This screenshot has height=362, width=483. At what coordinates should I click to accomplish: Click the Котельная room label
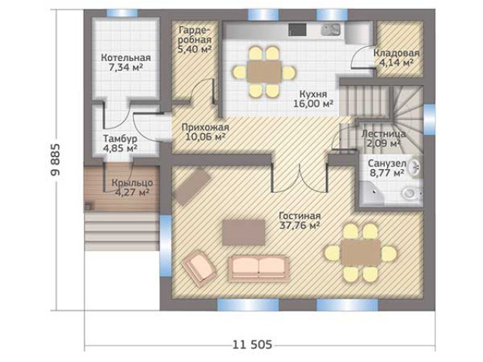(126, 57)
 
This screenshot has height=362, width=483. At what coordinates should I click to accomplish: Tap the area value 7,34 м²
(126, 67)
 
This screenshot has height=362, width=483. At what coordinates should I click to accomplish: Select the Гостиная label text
(300, 216)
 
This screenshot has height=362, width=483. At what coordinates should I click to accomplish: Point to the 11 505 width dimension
(252, 345)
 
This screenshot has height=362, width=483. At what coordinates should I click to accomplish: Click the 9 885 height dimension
(56, 159)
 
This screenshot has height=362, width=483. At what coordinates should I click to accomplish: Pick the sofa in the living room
(259, 268)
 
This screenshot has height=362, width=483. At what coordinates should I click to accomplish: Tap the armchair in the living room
(199, 268)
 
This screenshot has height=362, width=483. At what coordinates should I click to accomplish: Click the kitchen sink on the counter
(331, 29)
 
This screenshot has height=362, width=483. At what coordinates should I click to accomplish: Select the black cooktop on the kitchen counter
(297, 29)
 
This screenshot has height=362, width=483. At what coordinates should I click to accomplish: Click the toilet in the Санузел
(411, 193)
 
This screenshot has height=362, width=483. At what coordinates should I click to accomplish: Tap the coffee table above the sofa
(244, 232)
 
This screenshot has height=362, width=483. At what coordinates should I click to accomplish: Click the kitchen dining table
(264, 72)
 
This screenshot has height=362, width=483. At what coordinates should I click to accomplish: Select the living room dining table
(361, 253)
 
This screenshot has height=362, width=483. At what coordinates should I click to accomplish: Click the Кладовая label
(396, 53)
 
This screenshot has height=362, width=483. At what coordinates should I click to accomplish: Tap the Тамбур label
(120, 139)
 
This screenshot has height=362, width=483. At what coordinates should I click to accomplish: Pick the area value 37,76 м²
(299, 225)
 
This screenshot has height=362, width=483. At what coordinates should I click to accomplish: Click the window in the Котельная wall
(122, 14)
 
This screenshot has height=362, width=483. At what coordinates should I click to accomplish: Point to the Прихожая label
(205, 127)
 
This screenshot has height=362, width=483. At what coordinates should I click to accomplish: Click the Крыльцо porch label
(132, 183)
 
